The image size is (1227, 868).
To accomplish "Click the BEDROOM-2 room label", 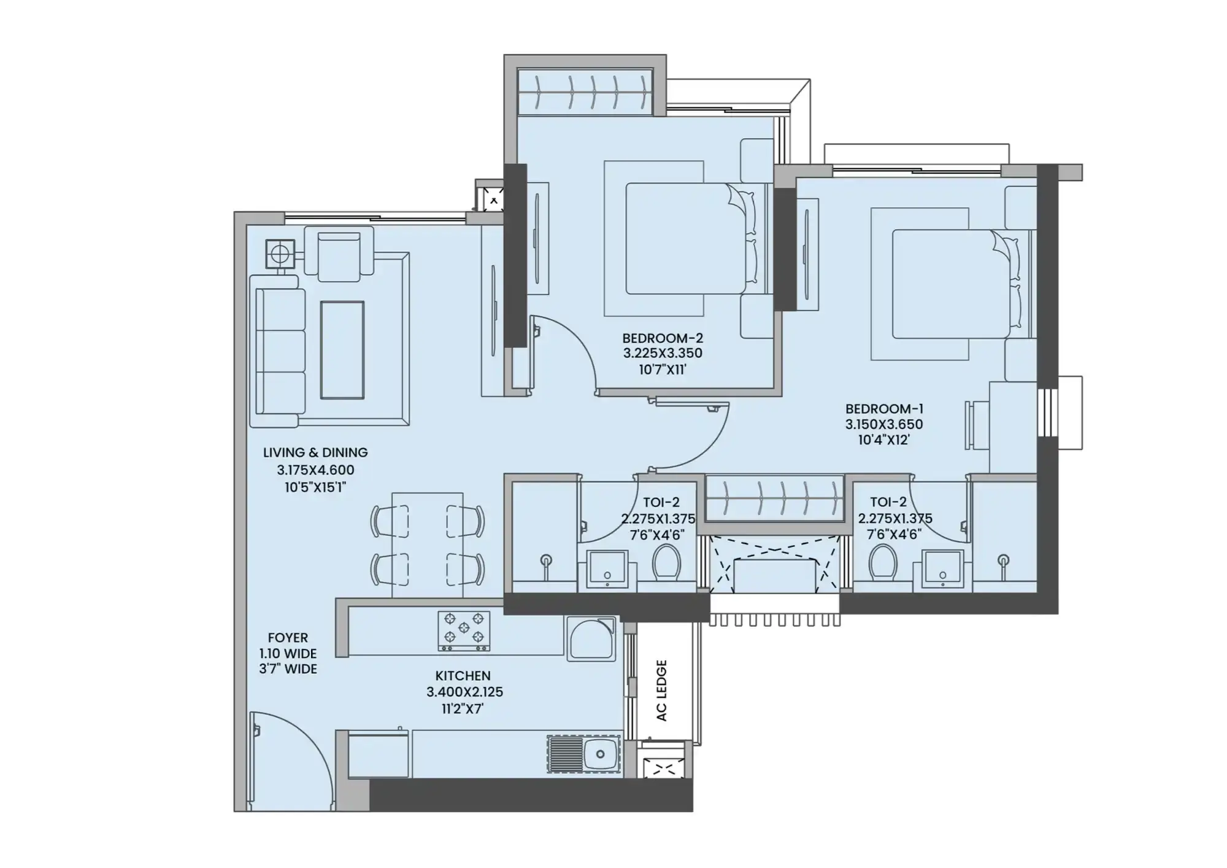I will [662, 338].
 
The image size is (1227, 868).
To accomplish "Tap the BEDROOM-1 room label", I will [883, 409].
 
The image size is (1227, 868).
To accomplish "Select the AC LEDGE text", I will [661, 690].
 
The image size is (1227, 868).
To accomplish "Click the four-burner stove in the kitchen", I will [464, 630].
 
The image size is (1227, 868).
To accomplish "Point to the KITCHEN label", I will [463, 676].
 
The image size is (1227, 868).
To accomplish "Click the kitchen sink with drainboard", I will [583, 754].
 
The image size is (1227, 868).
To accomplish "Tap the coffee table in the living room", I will [342, 350].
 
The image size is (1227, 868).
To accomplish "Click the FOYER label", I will [288, 638].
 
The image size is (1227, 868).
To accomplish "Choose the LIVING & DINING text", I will [315, 452].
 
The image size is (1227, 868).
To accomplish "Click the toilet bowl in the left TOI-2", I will [666, 561].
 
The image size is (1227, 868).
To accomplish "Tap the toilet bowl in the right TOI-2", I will [883, 561].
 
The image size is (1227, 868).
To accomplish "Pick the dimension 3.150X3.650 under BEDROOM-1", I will [883, 424].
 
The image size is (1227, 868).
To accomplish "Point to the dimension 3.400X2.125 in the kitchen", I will [464, 692].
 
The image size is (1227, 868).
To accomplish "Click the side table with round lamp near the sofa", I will [280, 254].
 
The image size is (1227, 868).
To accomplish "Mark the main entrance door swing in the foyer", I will [288, 761].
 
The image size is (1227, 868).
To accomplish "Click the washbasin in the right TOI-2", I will [942, 568].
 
